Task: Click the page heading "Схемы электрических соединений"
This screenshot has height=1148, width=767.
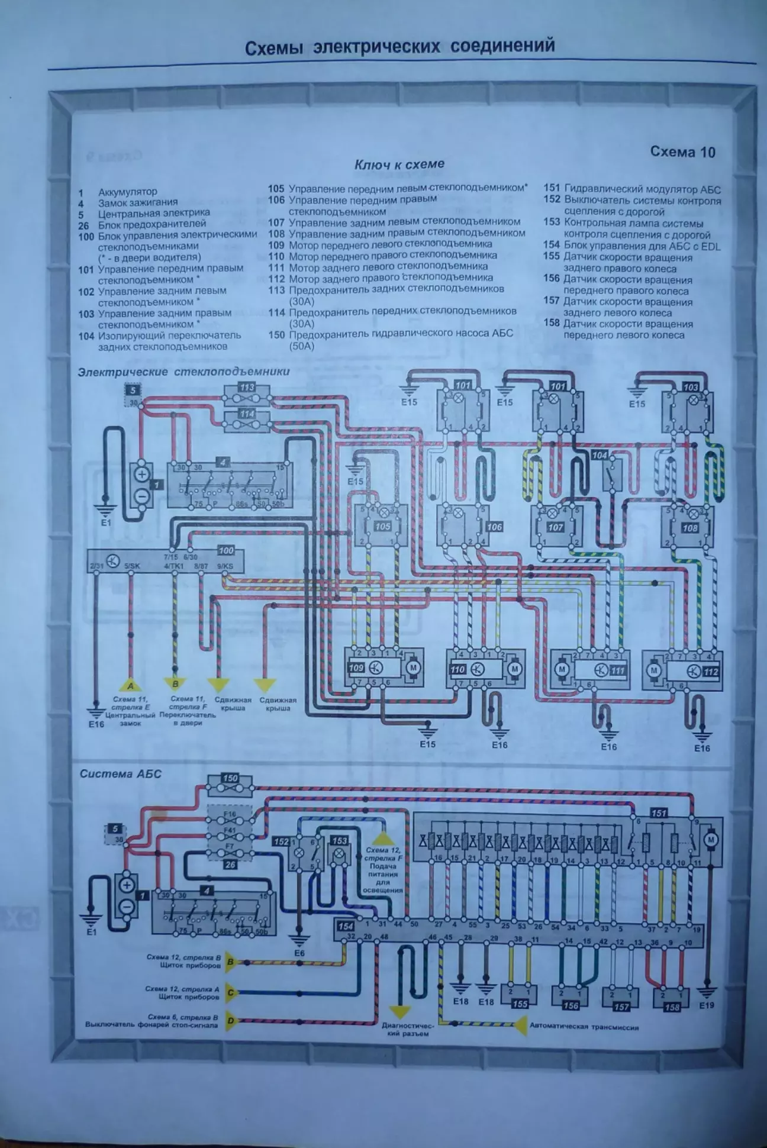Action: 400,47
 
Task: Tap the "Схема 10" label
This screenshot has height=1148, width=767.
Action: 682,152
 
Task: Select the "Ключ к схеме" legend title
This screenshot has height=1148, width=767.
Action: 399,165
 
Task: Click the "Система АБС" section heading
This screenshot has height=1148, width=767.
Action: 120,773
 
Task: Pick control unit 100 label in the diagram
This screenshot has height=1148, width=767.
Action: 226,551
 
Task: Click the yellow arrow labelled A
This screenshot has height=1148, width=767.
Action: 130,686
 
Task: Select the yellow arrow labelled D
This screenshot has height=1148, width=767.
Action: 230,1021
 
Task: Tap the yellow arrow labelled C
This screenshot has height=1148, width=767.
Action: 230,993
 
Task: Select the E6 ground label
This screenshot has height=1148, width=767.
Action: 299,953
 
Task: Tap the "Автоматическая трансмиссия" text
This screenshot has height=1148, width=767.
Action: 584,1027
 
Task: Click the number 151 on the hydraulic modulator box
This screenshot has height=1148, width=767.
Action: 659,813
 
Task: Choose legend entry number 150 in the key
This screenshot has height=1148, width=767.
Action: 276,334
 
